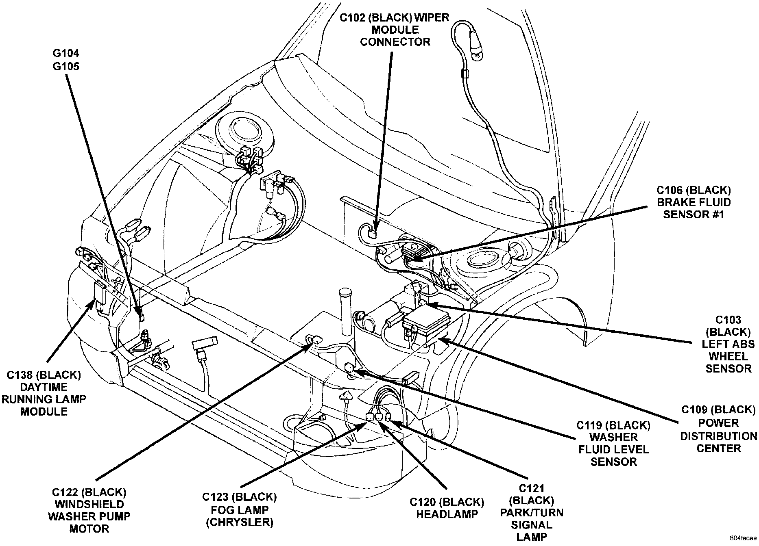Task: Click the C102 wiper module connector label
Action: (x=395, y=30)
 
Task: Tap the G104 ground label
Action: (x=66, y=53)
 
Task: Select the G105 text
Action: (x=66, y=66)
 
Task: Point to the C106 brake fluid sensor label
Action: (x=694, y=202)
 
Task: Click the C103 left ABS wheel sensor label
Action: (x=728, y=344)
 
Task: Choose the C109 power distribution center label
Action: (x=718, y=429)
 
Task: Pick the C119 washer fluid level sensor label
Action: (x=613, y=443)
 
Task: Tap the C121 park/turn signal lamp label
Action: (x=531, y=513)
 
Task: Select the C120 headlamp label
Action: (x=447, y=508)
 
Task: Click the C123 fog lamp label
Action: (x=239, y=509)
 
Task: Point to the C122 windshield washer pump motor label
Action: (x=89, y=510)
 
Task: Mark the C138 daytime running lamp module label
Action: (x=44, y=393)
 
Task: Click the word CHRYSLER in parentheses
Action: (x=239, y=522)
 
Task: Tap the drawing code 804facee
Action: (x=743, y=538)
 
